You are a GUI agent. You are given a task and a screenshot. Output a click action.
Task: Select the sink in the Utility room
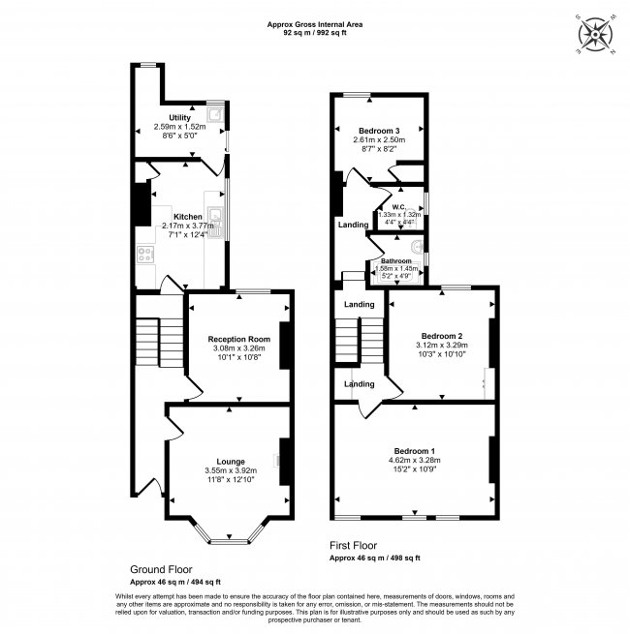[x=214, y=118]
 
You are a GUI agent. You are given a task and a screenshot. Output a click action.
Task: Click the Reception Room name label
[x=238, y=339]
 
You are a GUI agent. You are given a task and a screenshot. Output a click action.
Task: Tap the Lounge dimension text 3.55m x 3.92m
[x=231, y=470]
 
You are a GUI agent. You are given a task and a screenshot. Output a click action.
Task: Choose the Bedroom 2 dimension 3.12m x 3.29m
[x=442, y=344]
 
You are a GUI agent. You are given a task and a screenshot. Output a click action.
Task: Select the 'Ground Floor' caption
[x=161, y=570]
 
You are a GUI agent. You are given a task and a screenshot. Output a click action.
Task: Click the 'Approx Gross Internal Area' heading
[x=315, y=24]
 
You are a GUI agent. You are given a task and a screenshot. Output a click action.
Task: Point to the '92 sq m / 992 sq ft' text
[x=315, y=33]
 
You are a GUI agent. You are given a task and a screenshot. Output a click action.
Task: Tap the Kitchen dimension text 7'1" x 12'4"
[x=182, y=235]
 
